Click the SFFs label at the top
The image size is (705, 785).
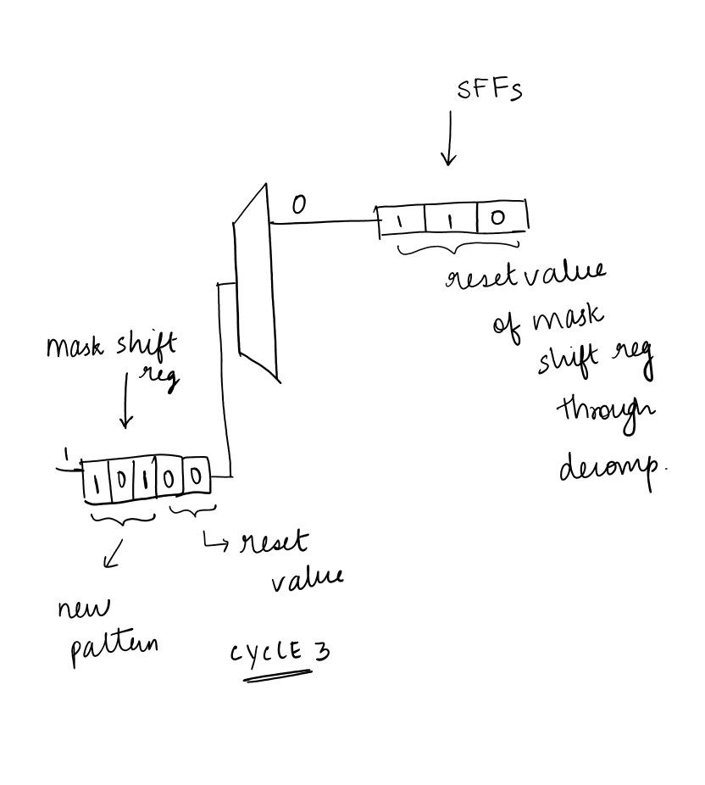point(490,90)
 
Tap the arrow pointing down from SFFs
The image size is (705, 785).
point(449,140)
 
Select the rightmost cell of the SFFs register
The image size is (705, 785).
point(500,218)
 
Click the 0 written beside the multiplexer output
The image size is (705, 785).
point(298,205)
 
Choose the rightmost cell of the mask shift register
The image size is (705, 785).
point(197,477)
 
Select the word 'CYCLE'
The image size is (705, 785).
point(261,653)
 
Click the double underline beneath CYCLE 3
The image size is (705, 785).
point(278,675)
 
